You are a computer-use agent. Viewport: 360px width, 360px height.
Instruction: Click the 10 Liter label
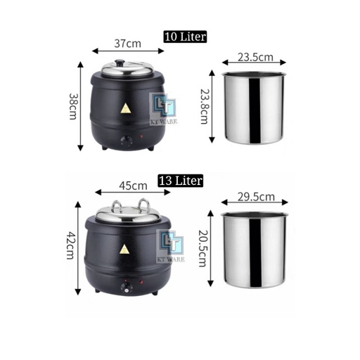[x=185, y=37]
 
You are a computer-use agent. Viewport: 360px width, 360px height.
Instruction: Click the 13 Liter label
[x=181, y=181]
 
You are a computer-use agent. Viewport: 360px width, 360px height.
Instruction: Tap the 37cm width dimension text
[x=128, y=44]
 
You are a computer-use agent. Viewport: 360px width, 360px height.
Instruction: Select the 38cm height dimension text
[x=73, y=106]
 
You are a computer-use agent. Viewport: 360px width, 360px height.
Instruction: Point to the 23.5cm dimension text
[x=255, y=57]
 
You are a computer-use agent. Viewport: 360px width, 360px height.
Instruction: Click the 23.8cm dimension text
[x=204, y=106]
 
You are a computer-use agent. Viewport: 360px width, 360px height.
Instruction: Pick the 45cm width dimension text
[x=133, y=186]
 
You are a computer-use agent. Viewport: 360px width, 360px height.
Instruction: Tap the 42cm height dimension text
[x=70, y=245]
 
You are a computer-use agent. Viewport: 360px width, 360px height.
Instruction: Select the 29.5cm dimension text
[x=256, y=197]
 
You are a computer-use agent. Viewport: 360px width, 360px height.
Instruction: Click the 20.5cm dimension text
[x=202, y=248]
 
